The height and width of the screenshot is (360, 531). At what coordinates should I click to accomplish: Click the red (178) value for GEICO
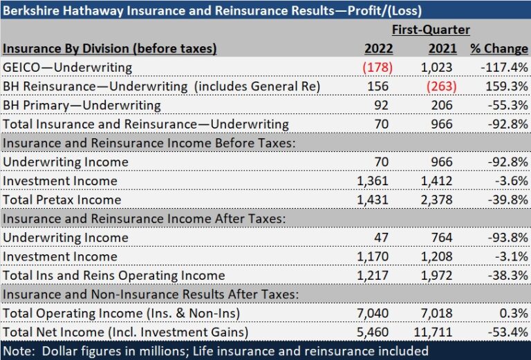point(378,67)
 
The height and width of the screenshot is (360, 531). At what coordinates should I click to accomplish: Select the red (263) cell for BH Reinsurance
point(440,86)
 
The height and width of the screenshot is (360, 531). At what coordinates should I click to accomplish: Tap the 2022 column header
point(378,48)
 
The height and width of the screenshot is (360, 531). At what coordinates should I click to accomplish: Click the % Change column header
point(499,48)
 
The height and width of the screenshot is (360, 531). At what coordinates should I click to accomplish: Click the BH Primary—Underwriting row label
point(82,105)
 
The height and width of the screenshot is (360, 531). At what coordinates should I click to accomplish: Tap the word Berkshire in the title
point(29,10)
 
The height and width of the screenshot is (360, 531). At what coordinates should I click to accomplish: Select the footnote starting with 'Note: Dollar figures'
point(216,351)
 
